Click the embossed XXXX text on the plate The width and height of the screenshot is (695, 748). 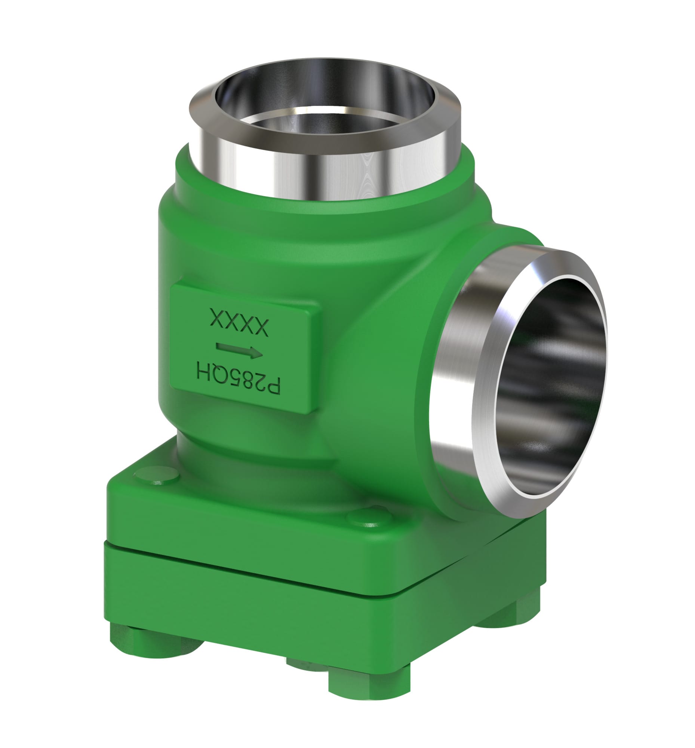click(240, 322)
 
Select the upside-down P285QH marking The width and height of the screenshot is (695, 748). click(239, 380)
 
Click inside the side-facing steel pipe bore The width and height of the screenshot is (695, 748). click(549, 387)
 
